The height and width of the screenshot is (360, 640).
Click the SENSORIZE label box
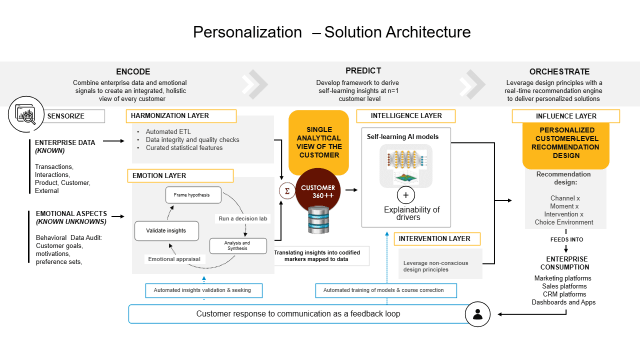(x=73, y=116)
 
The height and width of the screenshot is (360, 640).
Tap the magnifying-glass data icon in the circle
(x=26, y=114)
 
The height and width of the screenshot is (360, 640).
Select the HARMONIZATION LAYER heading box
(x=181, y=116)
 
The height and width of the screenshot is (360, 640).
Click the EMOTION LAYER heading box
(x=180, y=175)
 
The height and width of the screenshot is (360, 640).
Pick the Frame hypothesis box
(x=193, y=195)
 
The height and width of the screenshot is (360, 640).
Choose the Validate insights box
(x=166, y=230)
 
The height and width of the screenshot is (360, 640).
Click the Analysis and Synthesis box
(x=238, y=245)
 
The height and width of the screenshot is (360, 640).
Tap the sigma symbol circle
(x=287, y=191)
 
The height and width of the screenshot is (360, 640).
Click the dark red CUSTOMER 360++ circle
(x=317, y=188)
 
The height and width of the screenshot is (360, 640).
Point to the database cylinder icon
(x=318, y=220)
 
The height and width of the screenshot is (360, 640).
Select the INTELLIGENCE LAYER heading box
(x=405, y=116)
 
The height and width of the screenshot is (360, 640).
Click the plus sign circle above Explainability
(x=405, y=195)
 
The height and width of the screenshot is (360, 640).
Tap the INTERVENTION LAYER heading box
(x=437, y=239)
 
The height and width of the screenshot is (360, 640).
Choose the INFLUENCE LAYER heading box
(x=565, y=116)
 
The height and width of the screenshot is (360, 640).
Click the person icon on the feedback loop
(x=477, y=314)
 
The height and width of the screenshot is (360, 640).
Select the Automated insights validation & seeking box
(x=203, y=290)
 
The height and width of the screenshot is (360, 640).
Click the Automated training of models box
(x=386, y=290)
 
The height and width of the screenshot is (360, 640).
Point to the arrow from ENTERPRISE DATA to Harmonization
(x=113, y=141)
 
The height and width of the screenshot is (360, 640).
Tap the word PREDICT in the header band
(x=363, y=70)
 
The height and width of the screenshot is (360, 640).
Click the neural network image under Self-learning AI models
(x=405, y=165)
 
